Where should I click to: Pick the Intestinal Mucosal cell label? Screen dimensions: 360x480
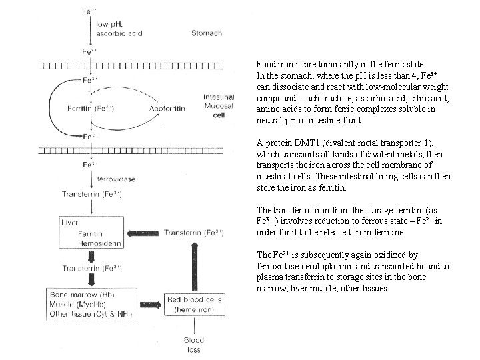pos(219,105)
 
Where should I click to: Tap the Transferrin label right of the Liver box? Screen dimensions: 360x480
pos(193,233)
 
